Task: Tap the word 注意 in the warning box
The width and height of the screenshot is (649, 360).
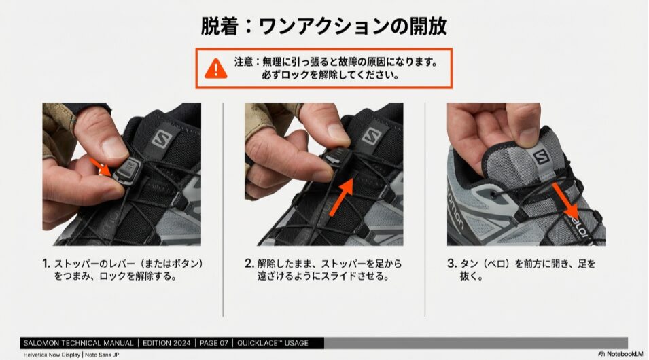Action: click(243, 62)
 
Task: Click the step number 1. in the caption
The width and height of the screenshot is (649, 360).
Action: click(46, 264)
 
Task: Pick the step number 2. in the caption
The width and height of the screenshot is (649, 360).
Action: click(249, 264)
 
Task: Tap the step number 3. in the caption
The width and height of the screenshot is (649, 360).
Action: click(451, 264)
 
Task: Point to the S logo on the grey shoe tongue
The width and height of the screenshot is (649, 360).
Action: click(540, 158)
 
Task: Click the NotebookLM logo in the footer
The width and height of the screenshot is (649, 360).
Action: click(621, 354)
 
